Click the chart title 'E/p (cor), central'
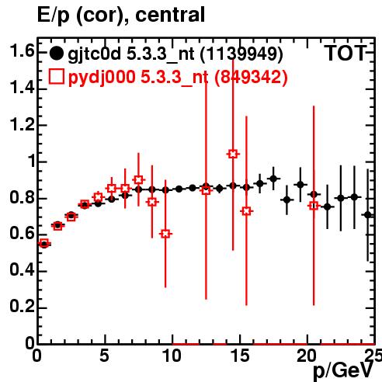(121, 15)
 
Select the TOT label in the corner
(346, 53)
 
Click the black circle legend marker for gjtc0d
(56, 54)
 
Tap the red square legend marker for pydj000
(56, 76)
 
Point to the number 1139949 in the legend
(241, 54)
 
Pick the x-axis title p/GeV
(343, 370)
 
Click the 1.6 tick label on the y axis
(22, 50)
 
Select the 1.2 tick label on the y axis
(22, 125)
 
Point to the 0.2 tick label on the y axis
(22, 306)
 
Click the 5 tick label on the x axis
(104, 356)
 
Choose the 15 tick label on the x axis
(241, 356)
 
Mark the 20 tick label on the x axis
(307, 356)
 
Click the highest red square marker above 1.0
(233, 154)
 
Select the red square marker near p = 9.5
(165, 234)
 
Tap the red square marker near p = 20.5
(314, 206)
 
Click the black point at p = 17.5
(273, 179)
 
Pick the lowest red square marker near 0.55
(44, 243)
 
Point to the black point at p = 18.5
(286, 200)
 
